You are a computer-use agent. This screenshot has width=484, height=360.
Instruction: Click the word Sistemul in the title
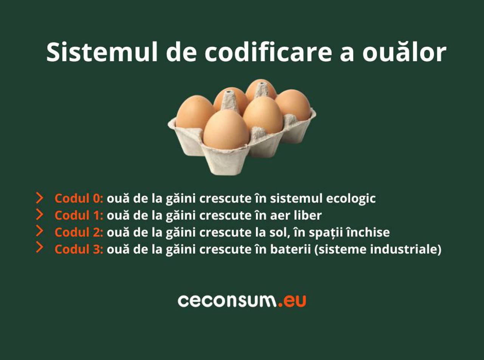click(x=102, y=53)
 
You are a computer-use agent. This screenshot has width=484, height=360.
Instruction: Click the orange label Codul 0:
click(x=79, y=198)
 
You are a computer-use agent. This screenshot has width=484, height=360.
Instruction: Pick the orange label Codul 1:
click(x=79, y=215)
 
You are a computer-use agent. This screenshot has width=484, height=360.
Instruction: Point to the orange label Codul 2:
click(x=79, y=232)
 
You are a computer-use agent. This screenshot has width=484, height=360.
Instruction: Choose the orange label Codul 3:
click(x=79, y=249)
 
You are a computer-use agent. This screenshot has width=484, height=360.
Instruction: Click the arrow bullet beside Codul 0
click(x=39, y=198)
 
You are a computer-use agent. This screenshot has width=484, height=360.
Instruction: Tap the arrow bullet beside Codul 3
click(x=39, y=247)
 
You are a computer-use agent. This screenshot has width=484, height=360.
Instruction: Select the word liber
click(x=308, y=215)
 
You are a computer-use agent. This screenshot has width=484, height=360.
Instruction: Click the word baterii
click(x=290, y=249)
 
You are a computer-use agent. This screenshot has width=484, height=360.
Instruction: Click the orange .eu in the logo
click(x=292, y=301)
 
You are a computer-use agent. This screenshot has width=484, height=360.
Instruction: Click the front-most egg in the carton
click(x=226, y=129)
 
